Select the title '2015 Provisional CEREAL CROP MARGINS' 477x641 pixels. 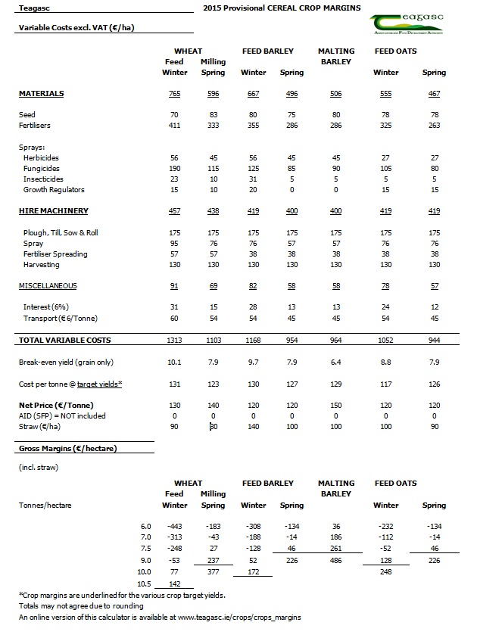(x=282, y=8)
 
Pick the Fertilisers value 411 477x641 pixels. (x=174, y=125)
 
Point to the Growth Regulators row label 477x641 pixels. (x=54, y=190)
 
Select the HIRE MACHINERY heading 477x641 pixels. (x=53, y=211)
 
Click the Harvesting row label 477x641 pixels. (x=42, y=265)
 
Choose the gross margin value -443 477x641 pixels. (x=174, y=526)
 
